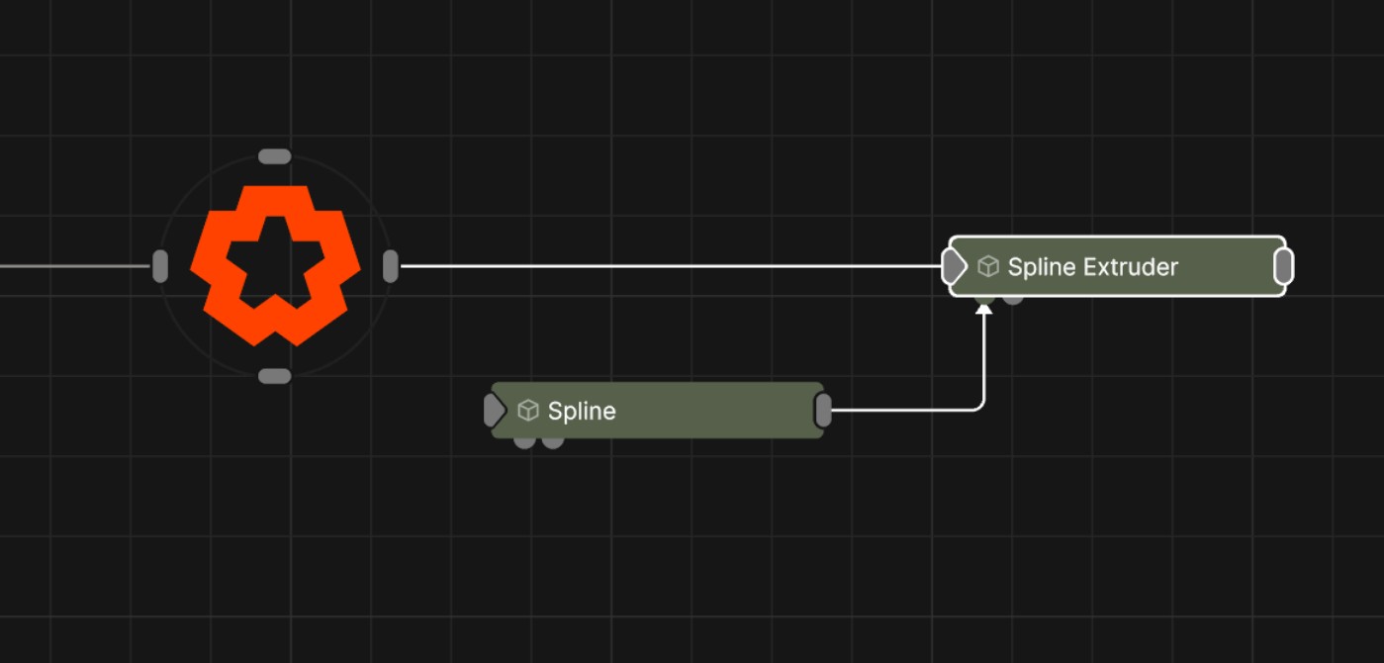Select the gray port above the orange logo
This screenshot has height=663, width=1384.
click(x=274, y=156)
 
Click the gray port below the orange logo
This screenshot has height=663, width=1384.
click(x=274, y=376)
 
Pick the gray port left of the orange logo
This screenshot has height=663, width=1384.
click(x=160, y=266)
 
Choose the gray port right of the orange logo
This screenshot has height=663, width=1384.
click(x=391, y=266)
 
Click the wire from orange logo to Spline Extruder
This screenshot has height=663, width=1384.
click(x=663, y=266)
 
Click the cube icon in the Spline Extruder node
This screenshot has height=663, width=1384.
click(x=987, y=266)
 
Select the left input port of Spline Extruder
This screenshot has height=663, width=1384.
click(x=953, y=266)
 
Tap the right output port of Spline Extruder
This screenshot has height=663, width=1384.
click(x=1283, y=266)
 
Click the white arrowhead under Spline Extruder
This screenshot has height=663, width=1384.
click(x=983, y=310)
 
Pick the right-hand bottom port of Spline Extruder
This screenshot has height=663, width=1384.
click(x=1013, y=298)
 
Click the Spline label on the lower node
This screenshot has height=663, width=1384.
click(x=582, y=411)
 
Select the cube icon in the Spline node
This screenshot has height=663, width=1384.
click(x=528, y=410)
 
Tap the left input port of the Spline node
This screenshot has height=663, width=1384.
click(x=493, y=410)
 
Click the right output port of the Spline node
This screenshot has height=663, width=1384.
click(x=823, y=410)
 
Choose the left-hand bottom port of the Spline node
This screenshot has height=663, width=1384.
click(x=524, y=442)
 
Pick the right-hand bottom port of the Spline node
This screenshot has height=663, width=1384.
click(x=553, y=442)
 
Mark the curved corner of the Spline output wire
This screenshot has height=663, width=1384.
click(x=980, y=406)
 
